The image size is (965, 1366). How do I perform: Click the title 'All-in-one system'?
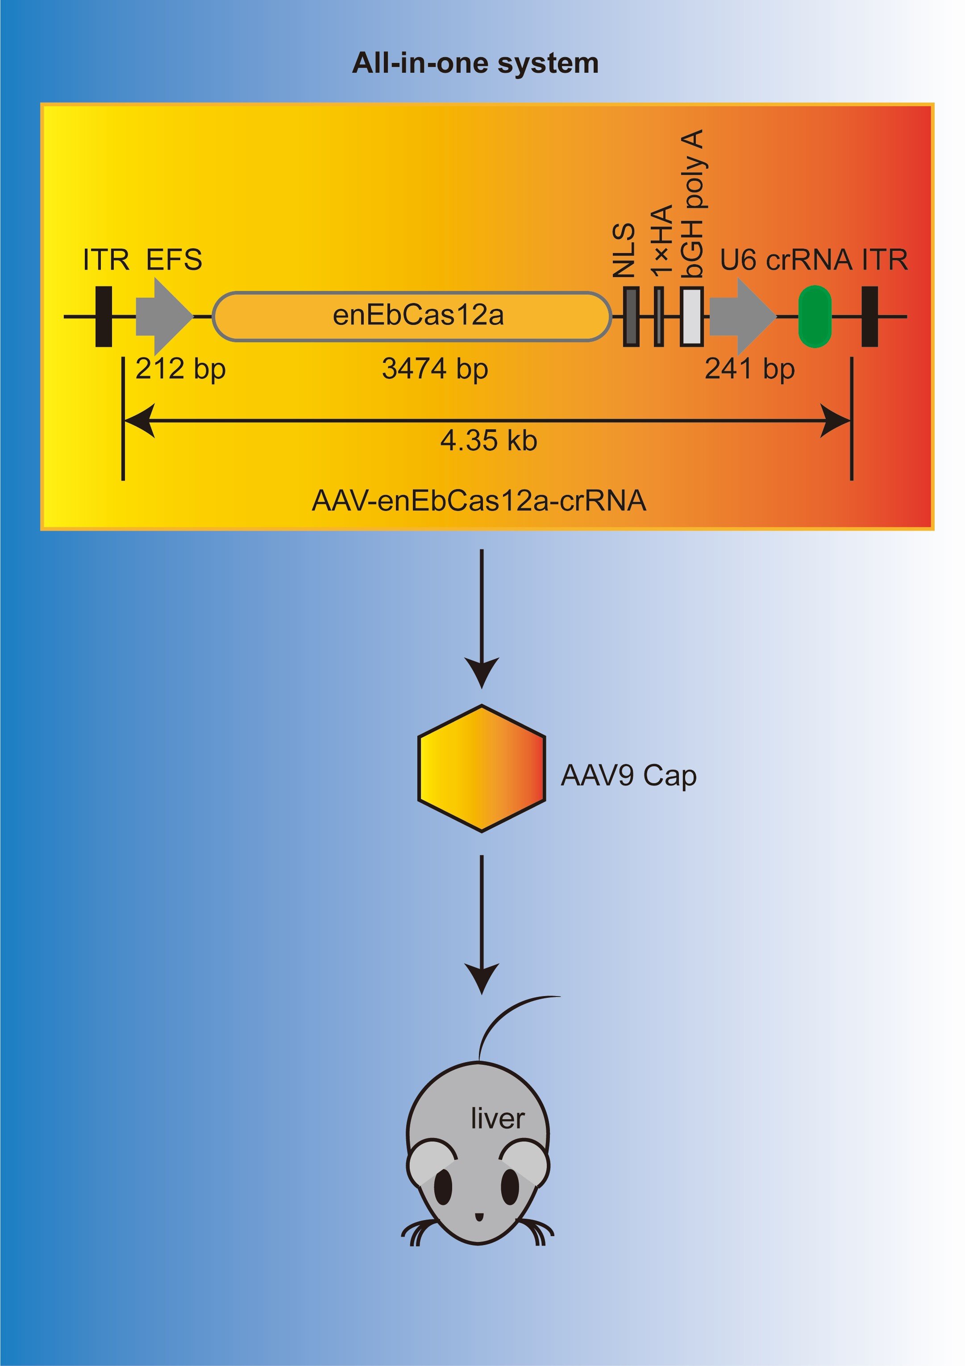[475, 63]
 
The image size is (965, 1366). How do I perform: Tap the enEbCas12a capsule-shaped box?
[412, 316]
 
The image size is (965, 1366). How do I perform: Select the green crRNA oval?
[815, 316]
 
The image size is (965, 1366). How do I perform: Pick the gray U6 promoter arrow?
[740, 316]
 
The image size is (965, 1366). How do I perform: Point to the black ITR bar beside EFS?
[104, 316]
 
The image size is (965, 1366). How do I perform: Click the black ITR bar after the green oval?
[869, 316]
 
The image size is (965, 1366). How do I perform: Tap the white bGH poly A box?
[692, 316]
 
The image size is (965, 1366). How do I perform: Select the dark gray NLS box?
[631, 316]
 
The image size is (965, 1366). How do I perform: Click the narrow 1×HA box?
[659, 316]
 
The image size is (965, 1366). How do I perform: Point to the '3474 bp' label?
[435, 369]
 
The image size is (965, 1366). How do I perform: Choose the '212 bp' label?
[180, 369]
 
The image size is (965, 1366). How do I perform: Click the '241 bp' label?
[749, 369]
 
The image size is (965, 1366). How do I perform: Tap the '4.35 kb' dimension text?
[488, 441]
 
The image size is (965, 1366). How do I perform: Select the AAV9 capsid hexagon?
[481, 768]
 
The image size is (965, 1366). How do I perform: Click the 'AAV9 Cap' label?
[628, 776]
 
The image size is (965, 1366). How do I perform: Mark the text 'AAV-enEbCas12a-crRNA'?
[479, 501]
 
